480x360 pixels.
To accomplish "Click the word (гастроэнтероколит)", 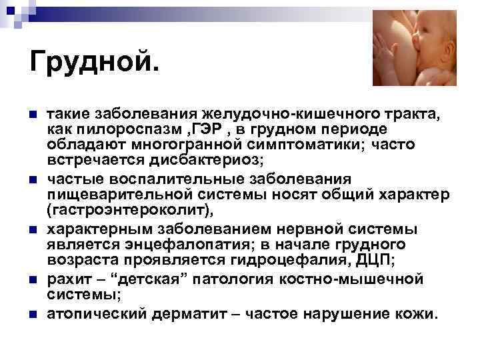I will pos(131,212).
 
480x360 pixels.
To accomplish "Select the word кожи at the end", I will pos(419,313).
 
